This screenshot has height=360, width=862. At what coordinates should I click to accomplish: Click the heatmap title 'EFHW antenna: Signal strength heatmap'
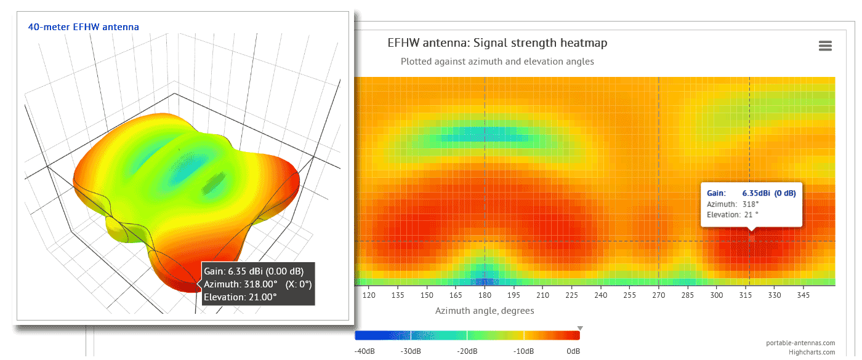(x=497, y=43)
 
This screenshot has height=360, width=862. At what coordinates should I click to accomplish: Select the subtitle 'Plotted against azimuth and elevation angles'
(x=497, y=62)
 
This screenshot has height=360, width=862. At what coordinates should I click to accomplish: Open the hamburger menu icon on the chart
(x=825, y=46)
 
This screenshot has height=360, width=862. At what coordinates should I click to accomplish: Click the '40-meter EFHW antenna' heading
(x=84, y=27)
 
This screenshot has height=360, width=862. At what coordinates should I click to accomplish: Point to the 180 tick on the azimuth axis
(x=485, y=295)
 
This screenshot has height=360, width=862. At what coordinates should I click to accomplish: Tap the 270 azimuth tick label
(x=659, y=295)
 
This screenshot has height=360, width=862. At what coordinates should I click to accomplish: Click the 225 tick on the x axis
(x=572, y=295)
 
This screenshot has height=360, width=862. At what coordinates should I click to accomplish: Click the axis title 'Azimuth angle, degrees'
(x=485, y=311)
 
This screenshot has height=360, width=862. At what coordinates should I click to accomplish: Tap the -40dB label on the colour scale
(x=365, y=351)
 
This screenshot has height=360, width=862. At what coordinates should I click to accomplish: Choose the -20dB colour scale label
(x=468, y=351)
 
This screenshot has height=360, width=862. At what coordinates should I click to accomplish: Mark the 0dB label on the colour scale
(x=573, y=351)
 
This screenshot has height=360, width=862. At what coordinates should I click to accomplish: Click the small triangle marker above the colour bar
(x=579, y=328)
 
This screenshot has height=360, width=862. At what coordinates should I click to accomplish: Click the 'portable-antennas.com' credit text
(x=800, y=343)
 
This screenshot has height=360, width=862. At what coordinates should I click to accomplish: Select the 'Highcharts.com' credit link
(x=812, y=352)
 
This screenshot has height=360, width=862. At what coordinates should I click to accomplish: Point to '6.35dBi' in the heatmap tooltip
(x=757, y=193)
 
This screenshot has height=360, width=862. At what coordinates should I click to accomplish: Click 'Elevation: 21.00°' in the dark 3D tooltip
(x=240, y=297)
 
